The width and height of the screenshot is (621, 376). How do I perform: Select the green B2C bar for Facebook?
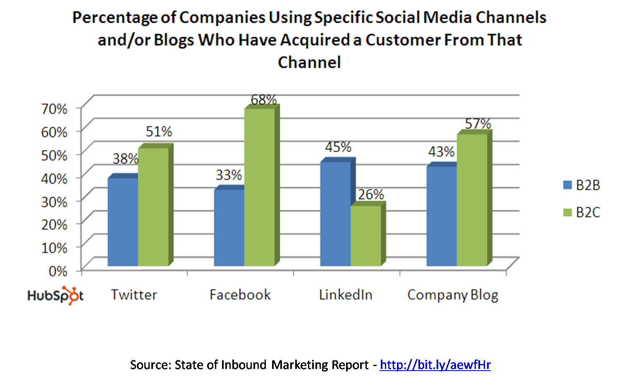point(259,187)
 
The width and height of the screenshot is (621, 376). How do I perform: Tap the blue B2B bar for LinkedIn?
point(335,213)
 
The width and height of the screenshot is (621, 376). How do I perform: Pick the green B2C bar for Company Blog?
point(472,200)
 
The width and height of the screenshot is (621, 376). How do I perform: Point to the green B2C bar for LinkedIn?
point(365,235)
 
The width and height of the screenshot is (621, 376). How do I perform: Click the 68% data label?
point(264,100)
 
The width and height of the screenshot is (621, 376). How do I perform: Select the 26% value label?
point(371,194)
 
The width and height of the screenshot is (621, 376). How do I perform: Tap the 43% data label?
point(441,152)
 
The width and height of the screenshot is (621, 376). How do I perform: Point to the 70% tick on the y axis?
point(54,109)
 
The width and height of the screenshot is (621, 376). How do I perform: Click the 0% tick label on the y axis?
point(58,271)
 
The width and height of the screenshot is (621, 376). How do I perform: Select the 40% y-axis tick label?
point(54,179)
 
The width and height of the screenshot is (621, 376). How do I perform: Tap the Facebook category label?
point(240,295)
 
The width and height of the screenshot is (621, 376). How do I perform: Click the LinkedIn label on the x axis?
point(346,295)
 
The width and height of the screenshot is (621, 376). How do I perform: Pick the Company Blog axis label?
point(453,295)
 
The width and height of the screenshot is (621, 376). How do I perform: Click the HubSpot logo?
point(55,295)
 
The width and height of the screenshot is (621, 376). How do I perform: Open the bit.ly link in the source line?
point(435,365)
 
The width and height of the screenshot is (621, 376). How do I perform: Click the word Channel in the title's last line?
point(309,62)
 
